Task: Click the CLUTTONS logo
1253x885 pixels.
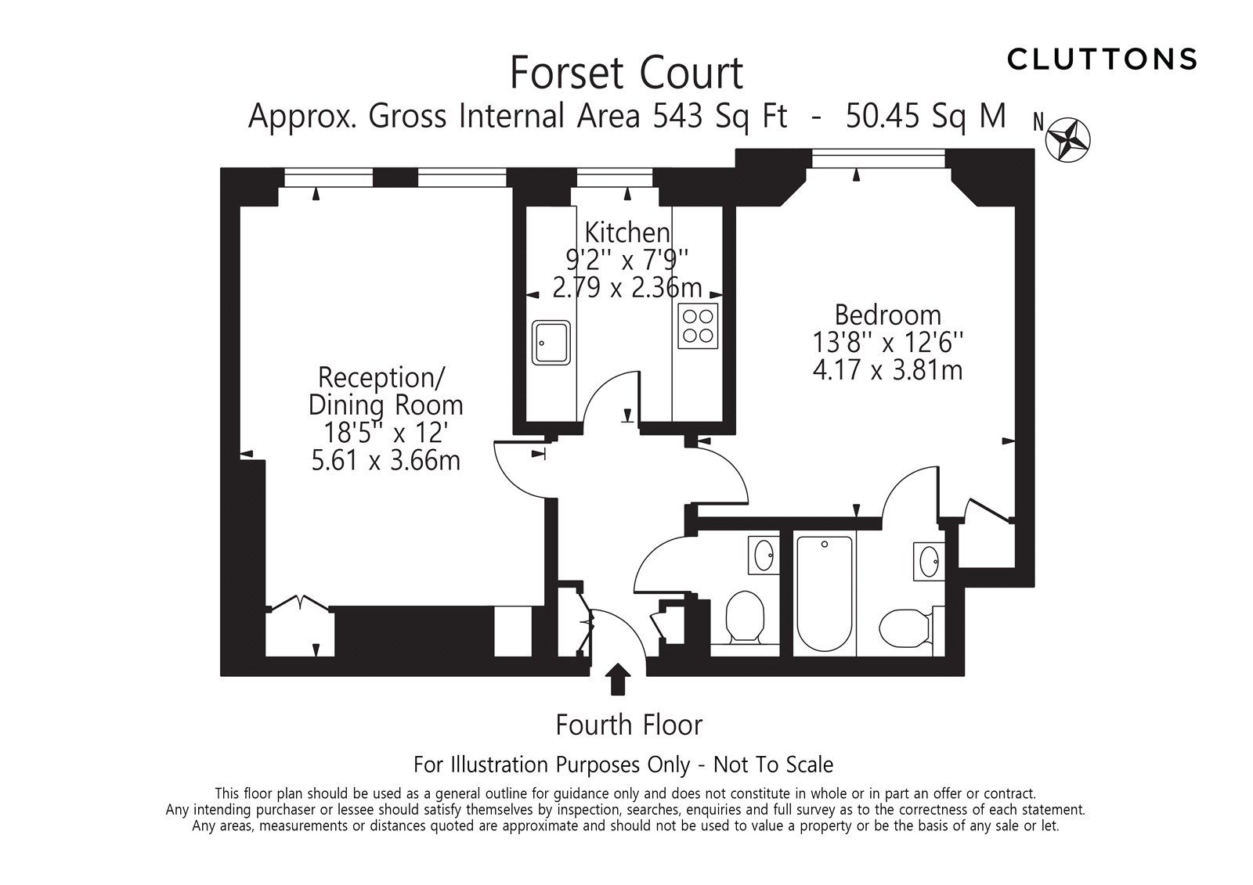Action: (x=1102, y=59)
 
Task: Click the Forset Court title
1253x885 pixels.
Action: (x=626, y=73)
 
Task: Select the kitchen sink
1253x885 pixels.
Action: (x=552, y=342)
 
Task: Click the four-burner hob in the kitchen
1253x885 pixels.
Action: (x=697, y=325)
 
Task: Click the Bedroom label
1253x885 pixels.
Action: (x=887, y=315)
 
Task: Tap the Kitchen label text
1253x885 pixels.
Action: (x=627, y=232)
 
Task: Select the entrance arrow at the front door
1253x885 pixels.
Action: (x=619, y=678)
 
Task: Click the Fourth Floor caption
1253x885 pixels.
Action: (x=629, y=725)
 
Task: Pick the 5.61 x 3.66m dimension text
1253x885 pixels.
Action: (x=385, y=460)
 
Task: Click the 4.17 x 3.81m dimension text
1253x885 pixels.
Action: (x=887, y=369)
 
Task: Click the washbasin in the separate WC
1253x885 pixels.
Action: (x=764, y=556)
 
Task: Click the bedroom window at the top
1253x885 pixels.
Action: (x=879, y=159)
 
